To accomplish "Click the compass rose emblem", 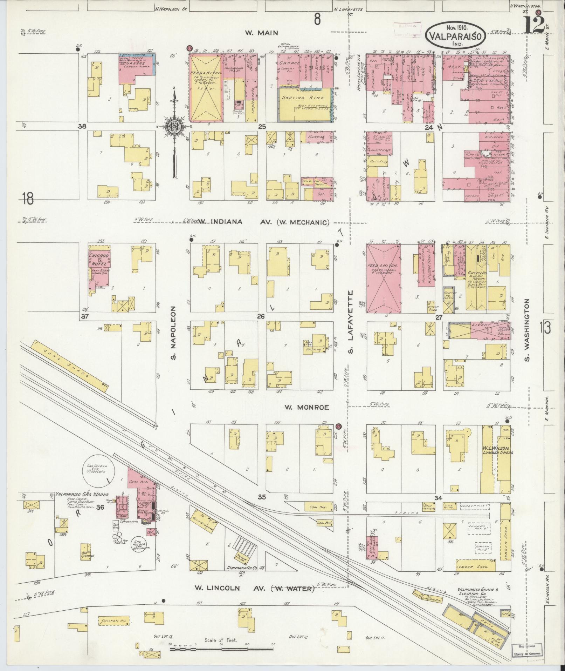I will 174,127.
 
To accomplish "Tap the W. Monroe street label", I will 306,407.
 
